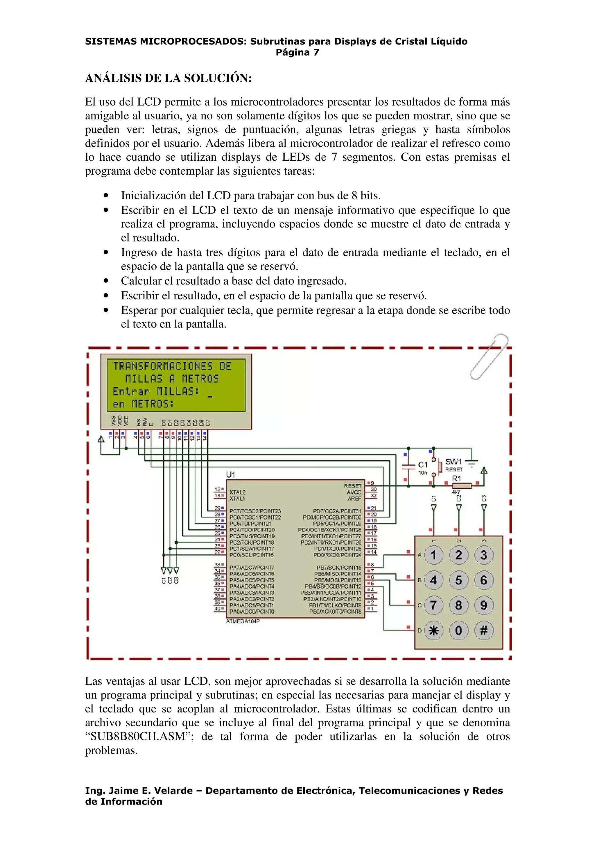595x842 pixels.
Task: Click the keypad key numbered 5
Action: point(458,580)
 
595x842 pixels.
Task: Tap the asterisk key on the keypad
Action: point(433,630)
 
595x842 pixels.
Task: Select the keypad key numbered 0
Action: point(458,630)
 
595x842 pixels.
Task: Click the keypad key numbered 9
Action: point(483,605)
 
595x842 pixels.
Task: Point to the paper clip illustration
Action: point(489,356)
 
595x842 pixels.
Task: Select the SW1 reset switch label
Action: point(453,462)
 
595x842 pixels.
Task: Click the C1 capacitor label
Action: point(423,465)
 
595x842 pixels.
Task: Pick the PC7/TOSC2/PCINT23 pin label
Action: point(255,511)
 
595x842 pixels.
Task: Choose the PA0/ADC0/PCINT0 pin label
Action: point(252,611)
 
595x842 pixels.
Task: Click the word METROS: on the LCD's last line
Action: point(153,404)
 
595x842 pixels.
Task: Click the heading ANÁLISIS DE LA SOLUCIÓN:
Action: point(168,78)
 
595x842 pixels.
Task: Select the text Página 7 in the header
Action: point(297,52)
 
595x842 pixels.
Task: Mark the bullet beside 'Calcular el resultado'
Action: point(106,281)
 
